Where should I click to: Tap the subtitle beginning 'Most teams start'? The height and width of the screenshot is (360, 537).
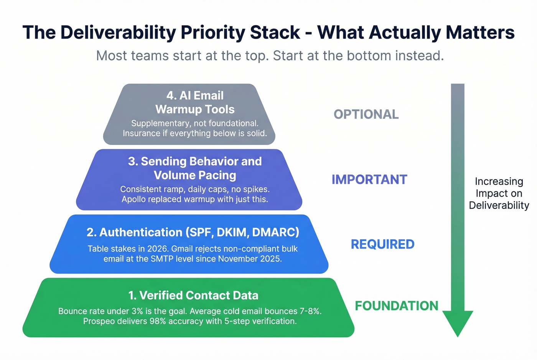270,56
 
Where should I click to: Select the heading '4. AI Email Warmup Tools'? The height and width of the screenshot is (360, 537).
195,102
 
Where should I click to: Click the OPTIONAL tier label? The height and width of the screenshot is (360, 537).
366,114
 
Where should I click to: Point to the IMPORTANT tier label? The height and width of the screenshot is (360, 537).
369,179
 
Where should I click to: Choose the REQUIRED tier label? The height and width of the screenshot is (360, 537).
382,244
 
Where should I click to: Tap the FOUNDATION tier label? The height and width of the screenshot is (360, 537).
396,306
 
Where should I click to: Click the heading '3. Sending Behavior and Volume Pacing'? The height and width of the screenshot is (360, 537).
195,168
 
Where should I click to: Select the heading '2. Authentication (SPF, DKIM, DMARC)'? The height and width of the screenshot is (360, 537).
193,232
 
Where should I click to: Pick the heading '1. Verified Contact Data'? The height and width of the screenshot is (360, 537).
193,295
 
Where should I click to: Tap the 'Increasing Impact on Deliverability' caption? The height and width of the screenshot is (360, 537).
499,193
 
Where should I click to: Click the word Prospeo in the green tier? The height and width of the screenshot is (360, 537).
98,321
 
